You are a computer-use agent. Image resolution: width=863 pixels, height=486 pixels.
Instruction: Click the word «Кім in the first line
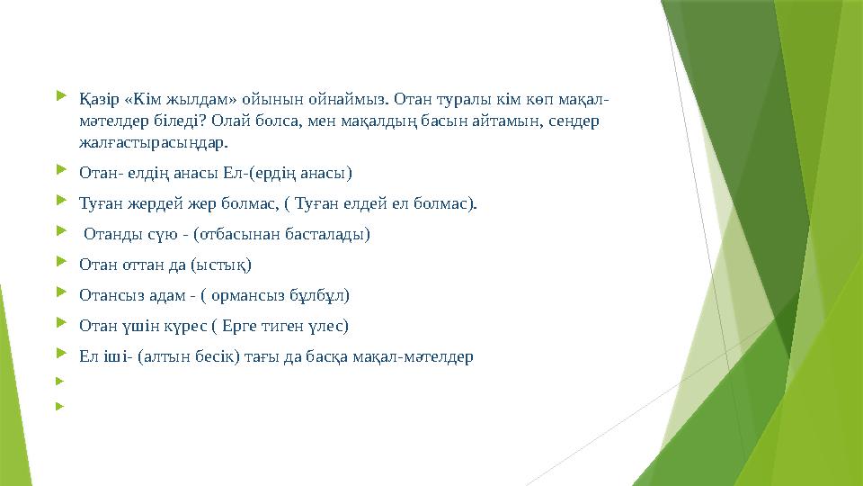pyautogui.click(x=136, y=97)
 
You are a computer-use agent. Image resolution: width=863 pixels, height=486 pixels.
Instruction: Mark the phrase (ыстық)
pyautogui.click(x=224, y=265)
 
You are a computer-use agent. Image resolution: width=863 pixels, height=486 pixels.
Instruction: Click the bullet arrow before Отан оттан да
pyautogui.click(x=60, y=264)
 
